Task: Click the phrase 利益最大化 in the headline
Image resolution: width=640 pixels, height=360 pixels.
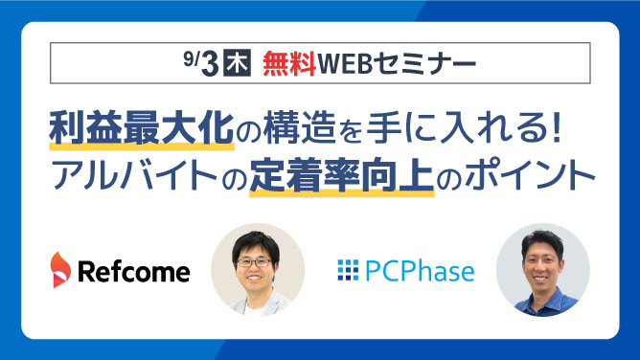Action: tap(141, 129)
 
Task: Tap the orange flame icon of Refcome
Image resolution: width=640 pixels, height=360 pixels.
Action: tap(60, 272)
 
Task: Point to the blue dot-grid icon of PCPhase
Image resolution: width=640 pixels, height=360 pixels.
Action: tap(347, 272)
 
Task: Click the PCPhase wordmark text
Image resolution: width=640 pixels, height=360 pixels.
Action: tap(420, 272)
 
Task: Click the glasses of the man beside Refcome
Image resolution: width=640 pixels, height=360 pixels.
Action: tap(257, 258)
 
